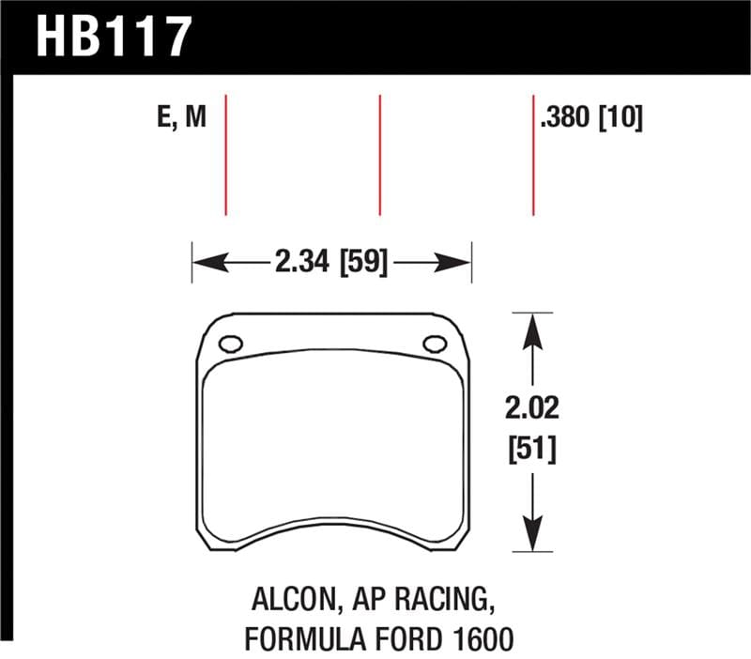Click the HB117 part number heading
[114, 38]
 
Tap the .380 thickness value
[567, 119]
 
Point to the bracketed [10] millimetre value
[621, 119]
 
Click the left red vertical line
[226, 155]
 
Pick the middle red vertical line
[379, 155]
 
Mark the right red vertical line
[533, 155]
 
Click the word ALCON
[285, 599]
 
